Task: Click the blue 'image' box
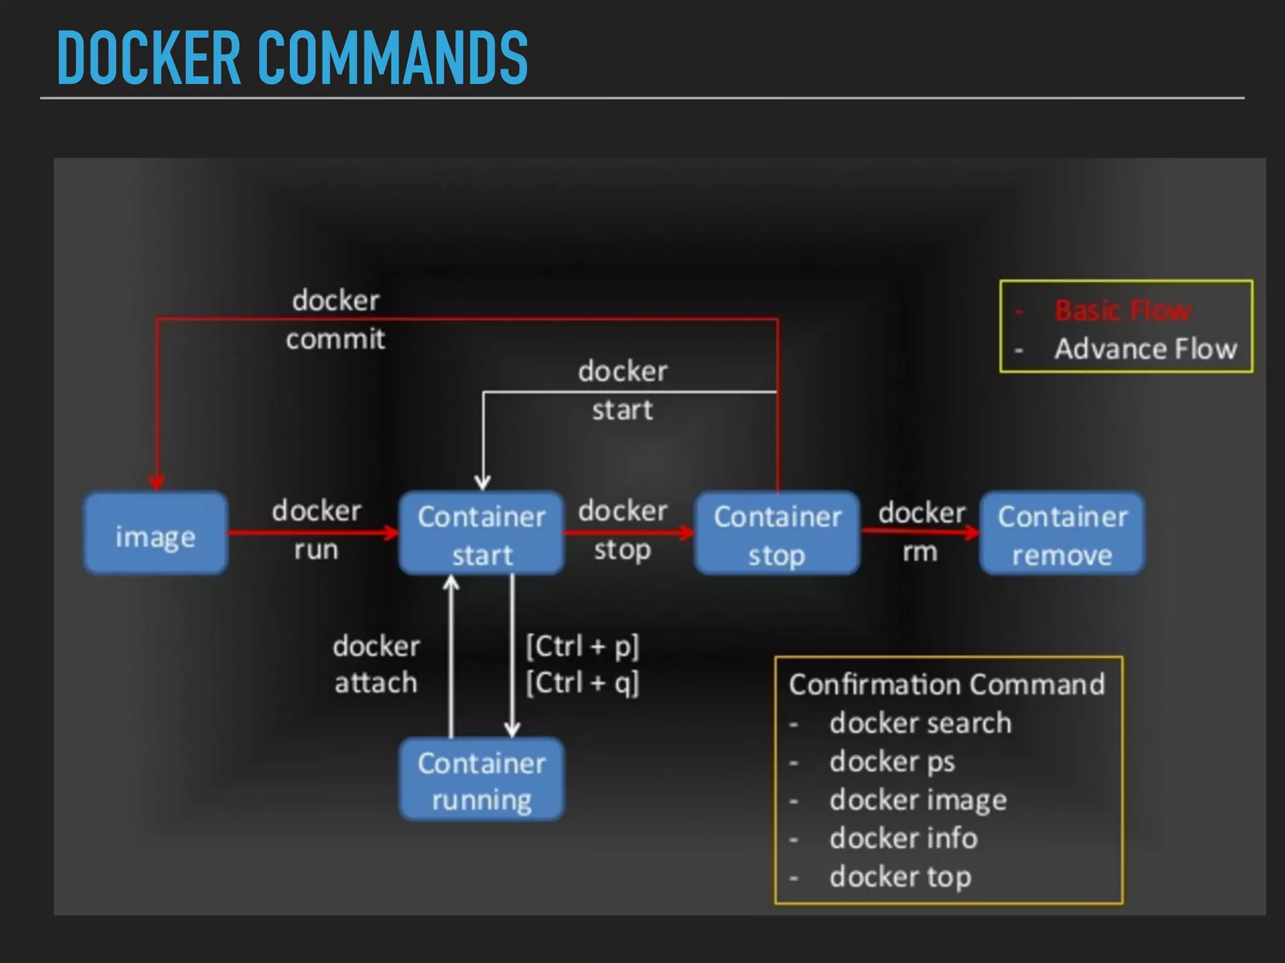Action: (156, 534)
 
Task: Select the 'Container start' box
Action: (481, 534)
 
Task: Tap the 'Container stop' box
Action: (777, 534)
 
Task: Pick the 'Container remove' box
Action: (1062, 534)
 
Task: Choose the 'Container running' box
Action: (481, 779)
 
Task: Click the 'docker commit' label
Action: (336, 320)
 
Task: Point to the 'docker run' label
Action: (316, 530)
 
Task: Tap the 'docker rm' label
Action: (921, 532)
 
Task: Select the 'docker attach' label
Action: (376, 664)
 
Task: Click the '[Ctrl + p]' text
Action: (582, 646)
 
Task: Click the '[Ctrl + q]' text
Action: (582, 682)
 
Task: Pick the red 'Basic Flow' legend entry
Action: (1122, 310)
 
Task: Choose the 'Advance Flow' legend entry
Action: (1145, 349)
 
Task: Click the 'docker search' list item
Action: (920, 723)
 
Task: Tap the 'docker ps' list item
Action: (892, 762)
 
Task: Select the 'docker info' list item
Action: (903, 838)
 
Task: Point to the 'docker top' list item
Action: (900, 877)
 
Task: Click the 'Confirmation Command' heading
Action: (946, 684)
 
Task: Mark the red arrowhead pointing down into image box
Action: (156, 481)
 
